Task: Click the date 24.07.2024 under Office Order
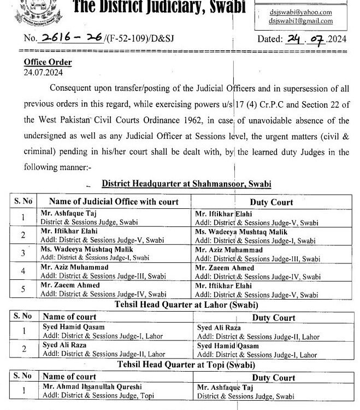coord(40,72)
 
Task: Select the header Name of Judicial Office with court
coord(110,202)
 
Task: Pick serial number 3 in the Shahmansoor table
coord(23,253)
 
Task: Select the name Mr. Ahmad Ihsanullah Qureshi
coord(91,387)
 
